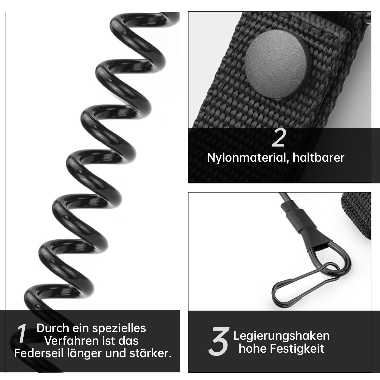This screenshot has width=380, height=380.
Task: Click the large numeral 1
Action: pyautogui.click(x=22, y=333)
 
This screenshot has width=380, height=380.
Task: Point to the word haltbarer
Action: pyautogui.click(x=319, y=157)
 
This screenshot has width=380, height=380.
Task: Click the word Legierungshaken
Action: pyautogui.click(x=281, y=336)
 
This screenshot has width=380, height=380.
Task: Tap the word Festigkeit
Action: pyautogui.click(x=297, y=348)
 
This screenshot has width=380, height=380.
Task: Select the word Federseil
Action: pyautogui.click(x=39, y=353)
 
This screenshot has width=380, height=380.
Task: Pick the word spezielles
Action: pyautogui.click(x=119, y=329)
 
